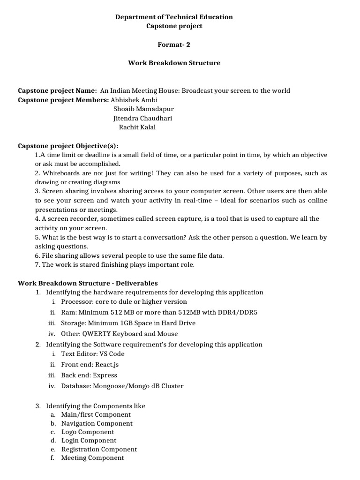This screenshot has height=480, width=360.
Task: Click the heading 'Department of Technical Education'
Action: pyautogui.click(x=174, y=17)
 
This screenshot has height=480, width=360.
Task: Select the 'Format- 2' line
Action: pyautogui.click(x=174, y=45)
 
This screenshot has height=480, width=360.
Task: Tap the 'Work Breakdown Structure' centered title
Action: pyautogui.click(x=174, y=63)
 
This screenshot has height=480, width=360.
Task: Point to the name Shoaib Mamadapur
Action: pyautogui.click(x=143, y=109)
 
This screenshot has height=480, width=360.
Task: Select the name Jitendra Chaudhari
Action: pyautogui.click(x=143, y=118)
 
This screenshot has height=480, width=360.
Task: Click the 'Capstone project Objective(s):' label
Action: pyautogui.click(x=68, y=145)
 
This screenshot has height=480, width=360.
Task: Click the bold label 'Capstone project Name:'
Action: pyautogui.click(x=57, y=90)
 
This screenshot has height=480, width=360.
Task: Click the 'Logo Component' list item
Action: pyautogui.click(x=88, y=432)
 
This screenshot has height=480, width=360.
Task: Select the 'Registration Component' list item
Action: pyautogui.click(x=99, y=449)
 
